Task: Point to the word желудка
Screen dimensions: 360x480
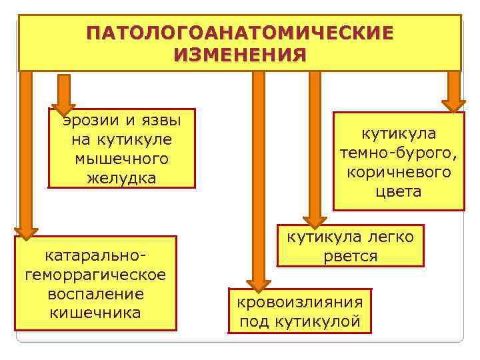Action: click(x=121, y=178)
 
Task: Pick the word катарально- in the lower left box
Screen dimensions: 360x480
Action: click(x=95, y=255)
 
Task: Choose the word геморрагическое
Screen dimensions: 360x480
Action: click(x=95, y=274)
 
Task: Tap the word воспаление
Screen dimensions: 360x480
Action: click(x=95, y=293)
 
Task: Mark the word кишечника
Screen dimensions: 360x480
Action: click(x=95, y=313)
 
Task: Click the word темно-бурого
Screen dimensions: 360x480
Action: click(x=398, y=153)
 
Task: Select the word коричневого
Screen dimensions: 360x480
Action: click(x=398, y=173)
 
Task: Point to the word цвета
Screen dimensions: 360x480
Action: click(x=398, y=192)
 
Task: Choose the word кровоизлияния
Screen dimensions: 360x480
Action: click(x=300, y=301)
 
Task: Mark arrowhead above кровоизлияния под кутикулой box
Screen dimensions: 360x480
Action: click(x=257, y=283)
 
